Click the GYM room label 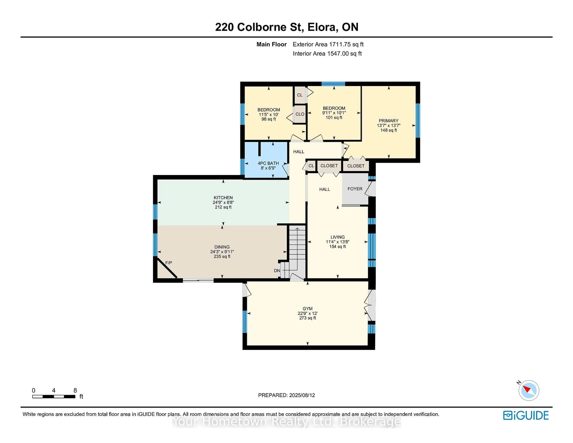(308, 309)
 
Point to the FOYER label (355, 189)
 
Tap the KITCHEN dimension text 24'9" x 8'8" (223, 202)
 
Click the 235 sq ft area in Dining (222, 256)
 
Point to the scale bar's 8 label (75, 390)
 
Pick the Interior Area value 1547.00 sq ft (344, 54)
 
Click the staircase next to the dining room (297, 247)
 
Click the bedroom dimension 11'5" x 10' (268, 114)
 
